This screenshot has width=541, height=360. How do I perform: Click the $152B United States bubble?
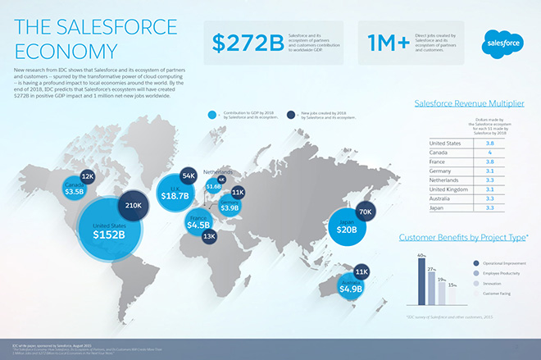pyautogui.click(x=108, y=229)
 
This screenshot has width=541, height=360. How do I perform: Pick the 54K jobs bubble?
pyautogui.click(x=188, y=175)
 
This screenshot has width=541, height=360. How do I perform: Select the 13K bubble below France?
pyautogui.click(x=209, y=236)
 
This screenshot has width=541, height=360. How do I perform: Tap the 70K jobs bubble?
pyautogui.click(x=366, y=212)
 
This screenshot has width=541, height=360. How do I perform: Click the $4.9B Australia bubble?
pyautogui.click(x=350, y=286)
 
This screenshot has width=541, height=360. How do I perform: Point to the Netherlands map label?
pyautogui.click(x=218, y=172)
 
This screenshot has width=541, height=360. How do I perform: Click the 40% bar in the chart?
pyautogui.click(x=423, y=282)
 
